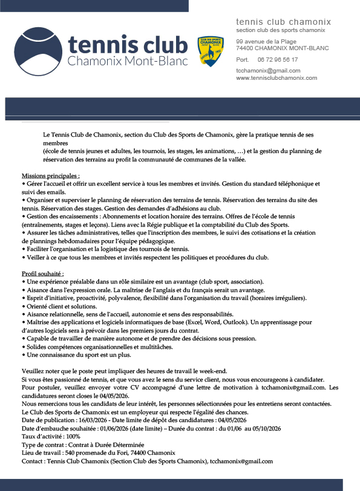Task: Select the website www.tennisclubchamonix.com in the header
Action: pos(277,78)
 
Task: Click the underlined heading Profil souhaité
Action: pos(42,274)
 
